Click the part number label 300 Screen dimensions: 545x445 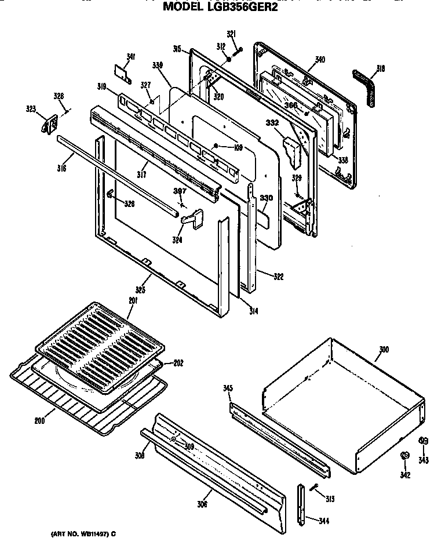click(384, 350)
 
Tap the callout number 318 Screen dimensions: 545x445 click(380, 69)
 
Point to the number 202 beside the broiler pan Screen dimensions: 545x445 click(178, 363)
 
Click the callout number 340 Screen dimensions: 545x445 click(320, 59)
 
